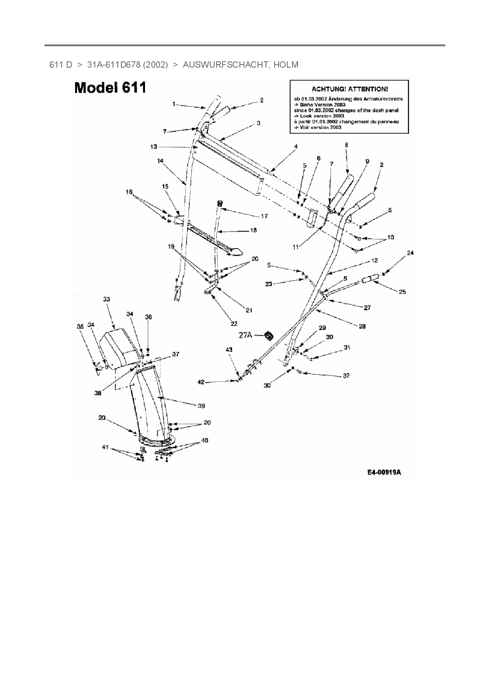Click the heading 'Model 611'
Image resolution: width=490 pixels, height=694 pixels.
(x=110, y=87)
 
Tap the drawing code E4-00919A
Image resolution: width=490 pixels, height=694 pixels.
(x=384, y=472)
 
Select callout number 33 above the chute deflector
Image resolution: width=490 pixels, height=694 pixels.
(x=106, y=300)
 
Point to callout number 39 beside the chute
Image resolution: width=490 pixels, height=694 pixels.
(x=201, y=406)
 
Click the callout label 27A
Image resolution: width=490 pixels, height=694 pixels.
(x=245, y=336)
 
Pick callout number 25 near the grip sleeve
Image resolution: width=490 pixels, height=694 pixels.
(x=402, y=292)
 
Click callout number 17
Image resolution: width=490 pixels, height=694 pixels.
(x=264, y=216)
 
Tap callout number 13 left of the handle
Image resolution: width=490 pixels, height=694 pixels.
(x=153, y=147)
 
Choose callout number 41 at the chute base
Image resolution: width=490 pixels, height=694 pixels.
(x=105, y=447)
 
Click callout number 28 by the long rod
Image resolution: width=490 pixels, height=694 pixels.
(x=362, y=326)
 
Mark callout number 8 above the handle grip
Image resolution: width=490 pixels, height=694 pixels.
(x=346, y=145)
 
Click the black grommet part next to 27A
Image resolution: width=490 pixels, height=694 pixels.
(x=269, y=336)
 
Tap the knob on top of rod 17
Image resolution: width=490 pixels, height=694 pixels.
(x=219, y=203)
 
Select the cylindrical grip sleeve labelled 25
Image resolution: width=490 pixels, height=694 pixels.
(x=370, y=281)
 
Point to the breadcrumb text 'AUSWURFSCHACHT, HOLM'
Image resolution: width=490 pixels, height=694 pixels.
(x=240, y=64)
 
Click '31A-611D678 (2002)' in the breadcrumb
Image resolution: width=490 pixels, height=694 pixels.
(x=128, y=64)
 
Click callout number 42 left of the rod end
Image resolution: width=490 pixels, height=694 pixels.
(x=201, y=382)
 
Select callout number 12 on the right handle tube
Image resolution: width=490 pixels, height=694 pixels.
(x=375, y=260)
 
